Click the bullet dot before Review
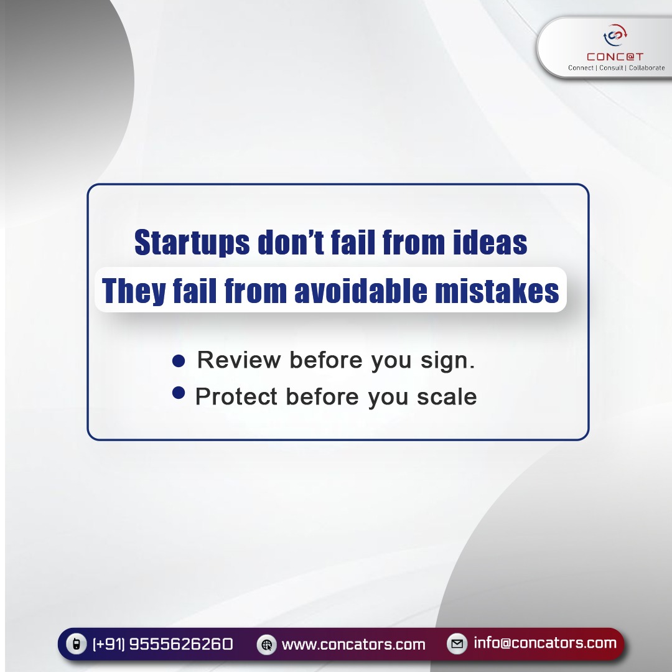(x=179, y=361)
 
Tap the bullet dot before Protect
(x=179, y=392)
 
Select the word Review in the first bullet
(x=239, y=360)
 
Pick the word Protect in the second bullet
(x=236, y=397)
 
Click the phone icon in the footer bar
(x=76, y=644)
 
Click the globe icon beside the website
(x=267, y=645)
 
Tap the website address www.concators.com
(x=353, y=645)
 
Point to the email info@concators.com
(x=544, y=643)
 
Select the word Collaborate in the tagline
(x=646, y=68)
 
